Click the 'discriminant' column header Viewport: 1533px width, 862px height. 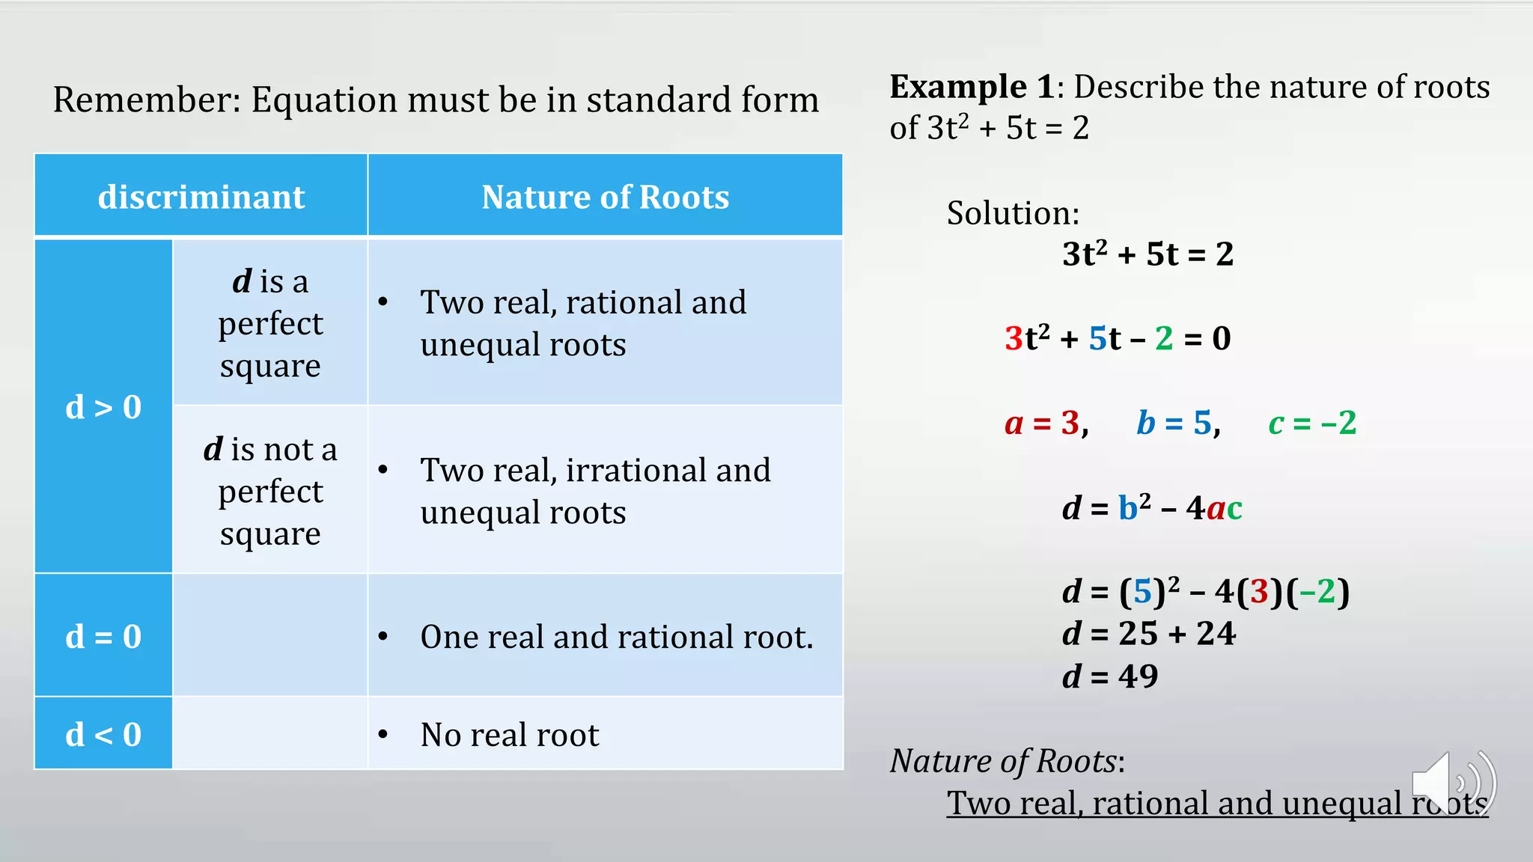pos(201,197)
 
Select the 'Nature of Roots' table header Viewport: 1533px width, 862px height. pos(605,197)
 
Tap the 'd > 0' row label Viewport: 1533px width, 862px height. pos(103,407)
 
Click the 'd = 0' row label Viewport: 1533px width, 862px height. pos(103,636)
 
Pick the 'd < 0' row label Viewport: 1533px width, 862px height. pos(103,734)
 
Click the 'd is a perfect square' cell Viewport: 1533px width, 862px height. pos(270,323)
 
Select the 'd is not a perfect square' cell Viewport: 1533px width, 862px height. pos(270,491)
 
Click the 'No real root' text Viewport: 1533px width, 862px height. pos(510,735)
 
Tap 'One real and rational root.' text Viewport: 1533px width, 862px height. pos(617,637)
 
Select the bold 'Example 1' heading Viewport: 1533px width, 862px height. pos(972,87)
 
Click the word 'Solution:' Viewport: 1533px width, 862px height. pos(1013,213)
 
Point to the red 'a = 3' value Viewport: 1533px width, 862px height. pos(1045,423)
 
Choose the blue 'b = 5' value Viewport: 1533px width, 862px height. pos(1177,423)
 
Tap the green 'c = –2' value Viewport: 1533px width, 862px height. pos(1312,423)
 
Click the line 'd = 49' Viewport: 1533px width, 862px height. pos(1110,676)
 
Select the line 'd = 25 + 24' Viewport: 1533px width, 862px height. pos(1148,634)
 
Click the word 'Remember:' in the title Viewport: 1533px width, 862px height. pos(147,100)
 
